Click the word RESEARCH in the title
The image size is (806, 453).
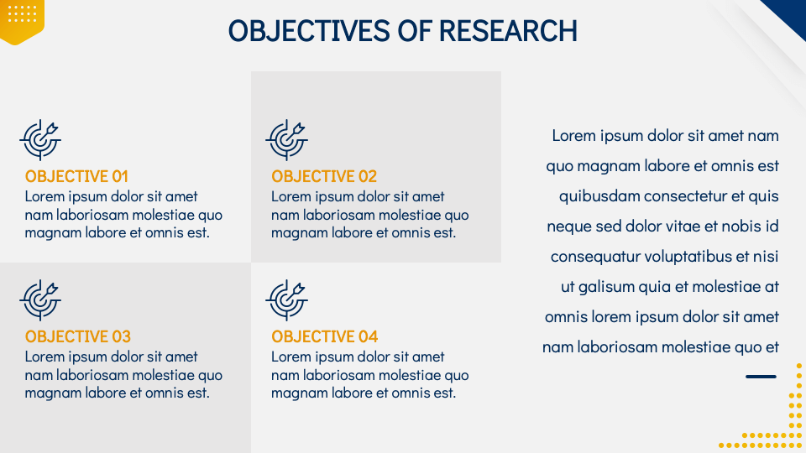click(x=508, y=31)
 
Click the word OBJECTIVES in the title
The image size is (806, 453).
click(x=309, y=31)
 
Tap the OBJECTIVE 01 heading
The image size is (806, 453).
click(x=76, y=177)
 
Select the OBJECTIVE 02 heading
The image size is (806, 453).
click(x=324, y=177)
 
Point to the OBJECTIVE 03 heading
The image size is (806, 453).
click(x=77, y=337)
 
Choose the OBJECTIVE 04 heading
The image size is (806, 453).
click(x=324, y=337)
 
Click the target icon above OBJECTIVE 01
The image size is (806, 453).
click(x=40, y=140)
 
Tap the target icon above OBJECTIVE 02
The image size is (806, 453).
click(x=287, y=140)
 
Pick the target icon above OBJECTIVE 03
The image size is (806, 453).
click(x=40, y=300)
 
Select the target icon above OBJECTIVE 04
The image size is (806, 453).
click(x=287, y=300)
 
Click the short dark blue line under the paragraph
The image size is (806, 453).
click(x=761, y=377)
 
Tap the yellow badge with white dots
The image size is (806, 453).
click(x=22, y=20)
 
